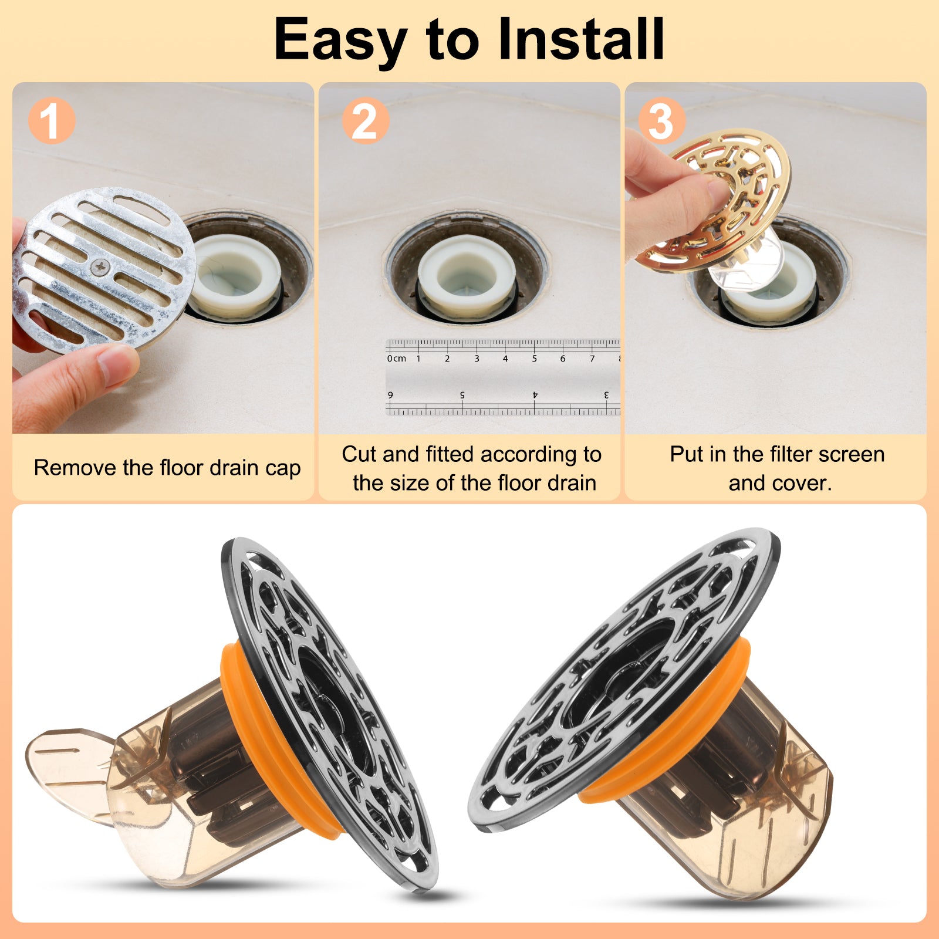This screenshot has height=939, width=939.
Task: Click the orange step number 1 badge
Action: (52, 121)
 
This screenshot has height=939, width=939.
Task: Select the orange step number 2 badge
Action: (365, 121)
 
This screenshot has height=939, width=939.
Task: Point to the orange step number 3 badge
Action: (661, 121)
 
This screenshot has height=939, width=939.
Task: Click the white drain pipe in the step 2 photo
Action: (467, 276)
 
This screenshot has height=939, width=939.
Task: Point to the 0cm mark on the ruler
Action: (396, 359)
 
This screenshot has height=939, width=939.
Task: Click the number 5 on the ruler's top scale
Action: (534, 359)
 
